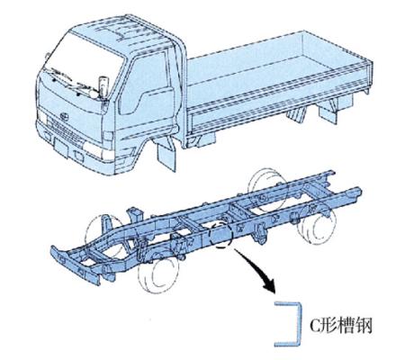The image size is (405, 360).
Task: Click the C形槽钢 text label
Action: coord(340,325)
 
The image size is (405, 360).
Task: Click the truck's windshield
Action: coord(83,64)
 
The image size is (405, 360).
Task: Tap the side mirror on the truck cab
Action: coord(103,87)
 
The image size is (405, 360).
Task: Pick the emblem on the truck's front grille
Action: coord(63,116)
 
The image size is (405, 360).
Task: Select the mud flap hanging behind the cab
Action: coord(166,154)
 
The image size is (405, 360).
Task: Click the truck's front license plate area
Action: coord(61,148)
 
